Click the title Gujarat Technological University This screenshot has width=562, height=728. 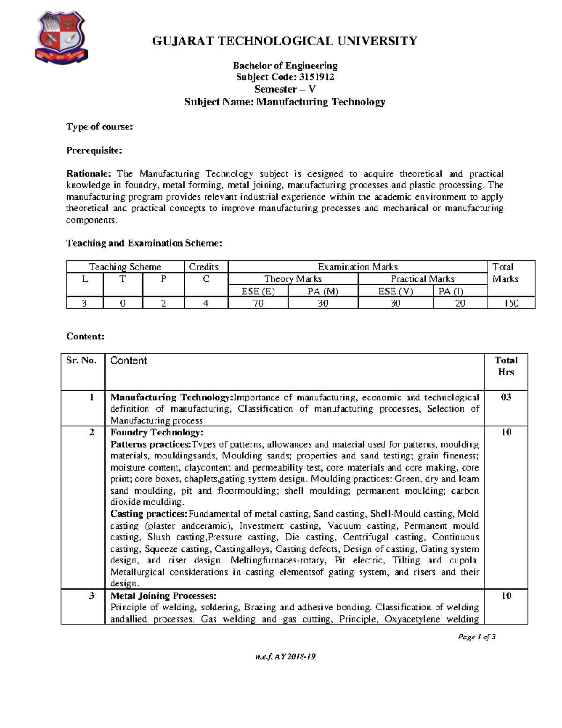[x=285, y=41]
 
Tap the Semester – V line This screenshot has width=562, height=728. [x=285, y=90]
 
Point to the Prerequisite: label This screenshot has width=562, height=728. [x=94, y=150]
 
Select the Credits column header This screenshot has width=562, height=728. [x=204, y=267]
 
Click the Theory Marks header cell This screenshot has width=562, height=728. [x=293, y=279]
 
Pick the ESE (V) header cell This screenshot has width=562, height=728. [x=395, y=291]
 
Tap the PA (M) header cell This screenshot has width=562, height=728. [x=323, y=291]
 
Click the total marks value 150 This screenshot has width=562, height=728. [x=511, y=303]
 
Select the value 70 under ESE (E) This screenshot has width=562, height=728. [x=258, y=303]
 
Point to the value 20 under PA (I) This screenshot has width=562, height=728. [x=460, y=303]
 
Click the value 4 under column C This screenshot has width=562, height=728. [x=206, y=303]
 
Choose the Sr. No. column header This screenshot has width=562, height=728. [x=81, y=360]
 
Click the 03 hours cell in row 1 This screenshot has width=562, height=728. [x=506, y=398]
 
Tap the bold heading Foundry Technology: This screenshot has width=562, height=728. [x=157, y=432]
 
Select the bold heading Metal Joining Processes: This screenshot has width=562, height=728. [x=163, y=596]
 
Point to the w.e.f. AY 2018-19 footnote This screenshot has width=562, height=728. [x=285, y=656]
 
